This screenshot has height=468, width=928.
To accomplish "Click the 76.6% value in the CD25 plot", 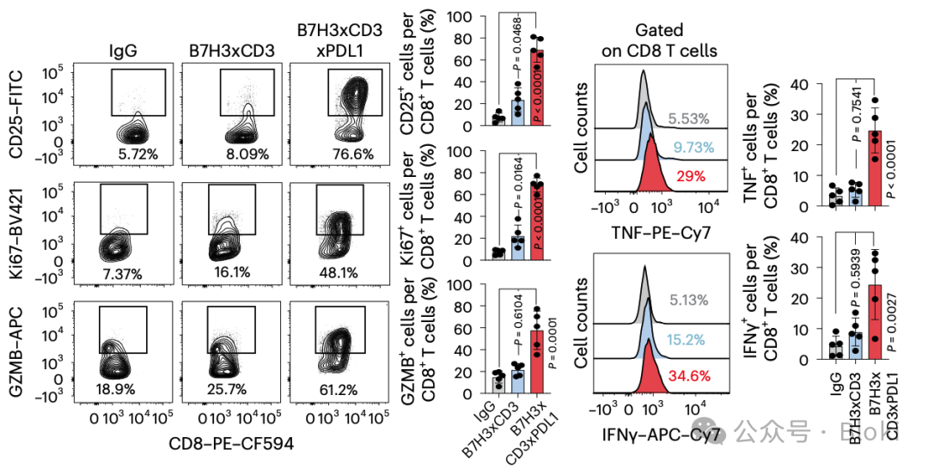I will pos(343,155).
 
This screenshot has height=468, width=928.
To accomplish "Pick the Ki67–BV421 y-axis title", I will pos(17,228).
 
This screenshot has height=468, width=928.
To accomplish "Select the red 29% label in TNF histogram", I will pos(687,175).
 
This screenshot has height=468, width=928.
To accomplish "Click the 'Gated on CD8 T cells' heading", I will pos(659,40).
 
